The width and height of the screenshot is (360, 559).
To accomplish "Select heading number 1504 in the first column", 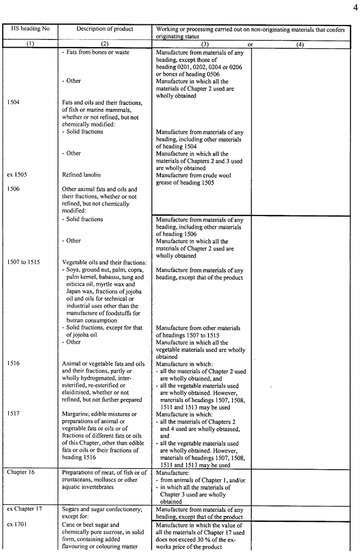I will (x=14, y=102).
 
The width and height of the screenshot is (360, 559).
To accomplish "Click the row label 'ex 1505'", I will (x=18, y=175).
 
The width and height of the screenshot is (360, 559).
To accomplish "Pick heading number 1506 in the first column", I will (x=14, y=189).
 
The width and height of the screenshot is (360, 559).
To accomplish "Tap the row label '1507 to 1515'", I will (x=24, y=262).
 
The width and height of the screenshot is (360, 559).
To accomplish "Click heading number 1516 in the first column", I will (x=14, y=363).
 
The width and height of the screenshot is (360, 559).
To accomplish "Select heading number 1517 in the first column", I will (x=14, y=414).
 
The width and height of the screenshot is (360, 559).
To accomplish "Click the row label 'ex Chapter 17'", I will (x=27, y=509).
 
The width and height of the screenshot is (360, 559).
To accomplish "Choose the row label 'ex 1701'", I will (x=18, y=524).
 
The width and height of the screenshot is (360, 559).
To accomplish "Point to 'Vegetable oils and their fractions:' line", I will (x=104, y=262).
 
